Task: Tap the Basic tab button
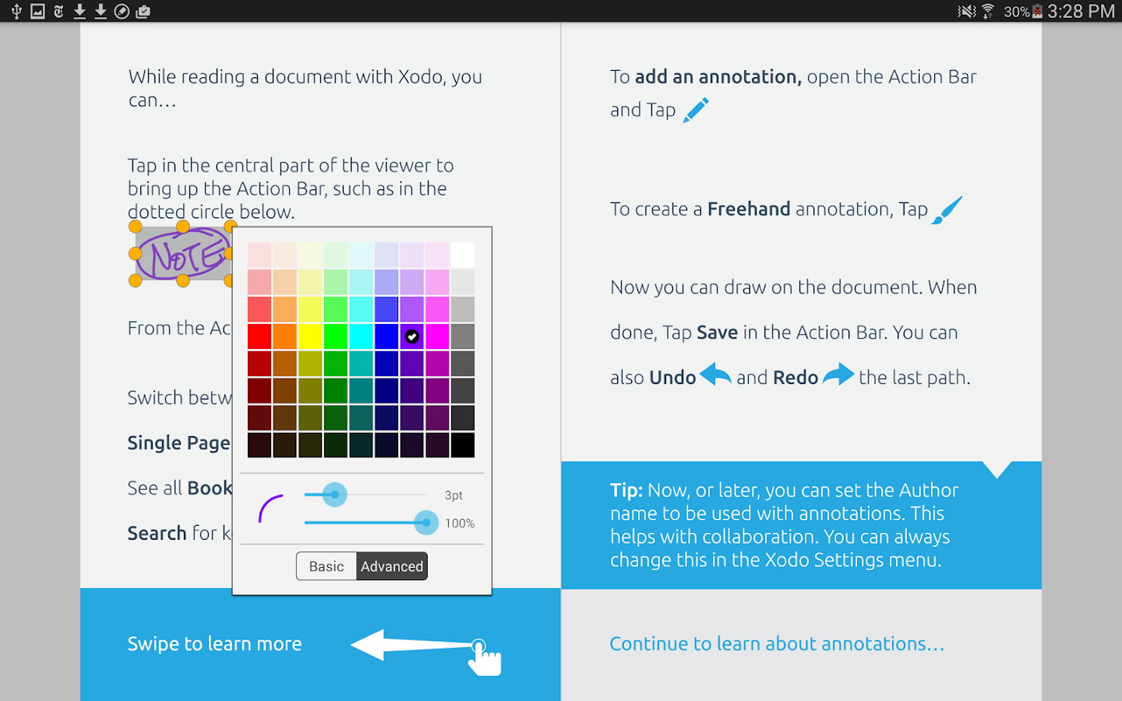[x=326, y=566]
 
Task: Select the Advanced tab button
[x=392, y=566]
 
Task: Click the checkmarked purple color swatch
[x=411, y=336]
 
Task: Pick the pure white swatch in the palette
[x=463, y=255]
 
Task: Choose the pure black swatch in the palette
[x=463, y=445]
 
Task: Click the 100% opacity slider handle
[x=426, y=523]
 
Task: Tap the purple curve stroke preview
[x=270, y=509]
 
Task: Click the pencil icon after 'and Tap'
[x=696, y=110]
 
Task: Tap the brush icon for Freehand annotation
[x=947, y=210]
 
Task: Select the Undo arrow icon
[x=715, y=375]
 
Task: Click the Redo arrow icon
[x=838, y=375]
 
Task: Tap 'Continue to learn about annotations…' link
[x=777, y=644]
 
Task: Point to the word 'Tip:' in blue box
[x=626, y=490]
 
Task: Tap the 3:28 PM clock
[x=1081, y=11]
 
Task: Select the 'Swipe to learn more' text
[x=214, y=644]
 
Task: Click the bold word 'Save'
[x=717, y=333]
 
